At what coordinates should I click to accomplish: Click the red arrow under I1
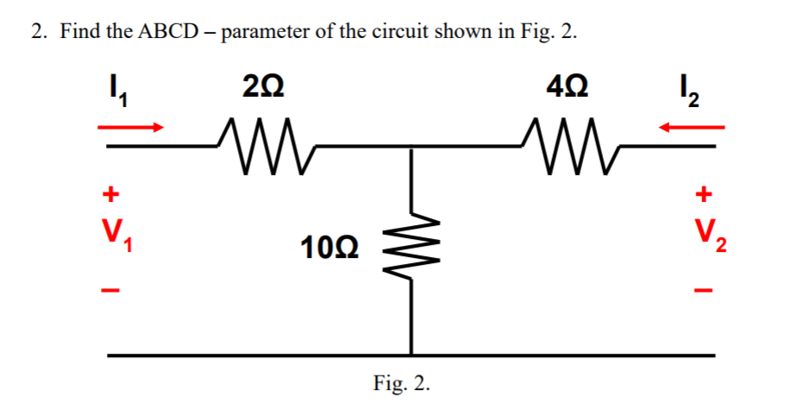(x=130, y=128)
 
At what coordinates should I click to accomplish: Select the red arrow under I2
(x=693, y=128)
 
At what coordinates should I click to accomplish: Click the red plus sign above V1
(x=110, y=195)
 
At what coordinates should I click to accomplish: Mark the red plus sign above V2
(x=706, y=195)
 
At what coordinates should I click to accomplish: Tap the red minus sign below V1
(x=110, y=287)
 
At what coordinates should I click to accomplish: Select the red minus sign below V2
(x=706, y=287)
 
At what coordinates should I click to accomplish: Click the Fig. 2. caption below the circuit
(x=401, y=383)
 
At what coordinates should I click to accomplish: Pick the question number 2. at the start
(x=39, y=33)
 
